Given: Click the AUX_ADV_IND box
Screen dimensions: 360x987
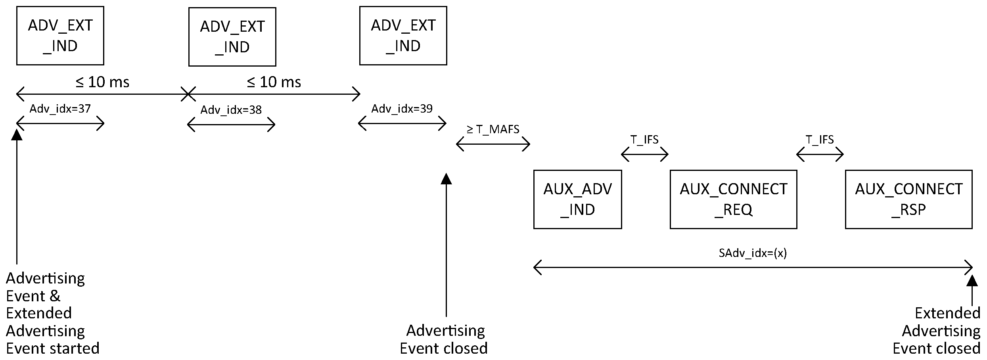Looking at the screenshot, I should coord(577,199).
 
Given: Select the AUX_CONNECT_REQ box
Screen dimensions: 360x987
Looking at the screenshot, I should coord(733,199).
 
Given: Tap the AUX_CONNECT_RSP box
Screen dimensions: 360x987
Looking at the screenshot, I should coord(908,199).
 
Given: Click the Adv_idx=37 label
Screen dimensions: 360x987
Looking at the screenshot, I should coord(60,109).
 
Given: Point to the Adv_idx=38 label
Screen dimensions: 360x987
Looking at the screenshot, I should coord(231,110).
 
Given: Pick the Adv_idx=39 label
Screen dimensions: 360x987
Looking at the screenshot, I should coord(402,109).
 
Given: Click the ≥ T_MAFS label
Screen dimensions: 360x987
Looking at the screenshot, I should coord(493,129).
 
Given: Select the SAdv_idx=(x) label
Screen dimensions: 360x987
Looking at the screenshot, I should coord(753,253).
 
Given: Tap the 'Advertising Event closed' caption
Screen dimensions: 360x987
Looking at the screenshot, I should coord(444,339).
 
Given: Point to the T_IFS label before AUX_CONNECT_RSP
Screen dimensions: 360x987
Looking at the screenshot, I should coord(820,140).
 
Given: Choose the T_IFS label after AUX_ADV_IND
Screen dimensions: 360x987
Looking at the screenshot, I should coord(644,140).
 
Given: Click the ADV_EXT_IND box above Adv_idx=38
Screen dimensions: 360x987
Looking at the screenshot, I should coord(232,37).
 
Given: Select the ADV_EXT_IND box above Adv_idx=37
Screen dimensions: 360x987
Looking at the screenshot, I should coord(60,36).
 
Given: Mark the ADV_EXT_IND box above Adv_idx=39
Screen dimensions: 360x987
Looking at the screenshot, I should coord(403,36).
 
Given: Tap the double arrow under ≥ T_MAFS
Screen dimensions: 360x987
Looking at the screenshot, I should coord(493,144).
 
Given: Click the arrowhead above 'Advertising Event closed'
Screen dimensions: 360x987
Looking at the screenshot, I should coord(447,179).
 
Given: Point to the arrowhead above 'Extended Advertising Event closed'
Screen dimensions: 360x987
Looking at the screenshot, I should coord(972,281).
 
